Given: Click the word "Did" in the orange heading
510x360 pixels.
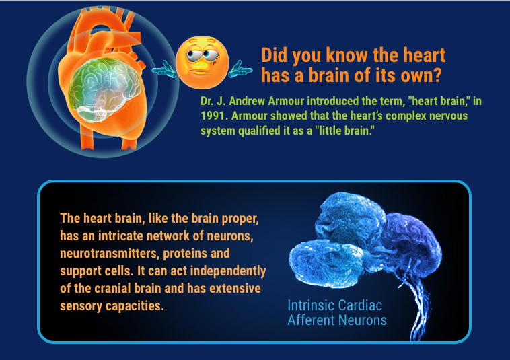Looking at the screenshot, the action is coord(275,55).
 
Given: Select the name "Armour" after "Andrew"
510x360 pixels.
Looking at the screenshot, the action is coord(286,101).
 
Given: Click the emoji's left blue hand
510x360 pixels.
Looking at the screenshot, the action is coord(164,69).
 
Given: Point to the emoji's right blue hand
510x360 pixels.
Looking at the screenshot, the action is coord(240,69).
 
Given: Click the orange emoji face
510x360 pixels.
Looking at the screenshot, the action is coord(202,62).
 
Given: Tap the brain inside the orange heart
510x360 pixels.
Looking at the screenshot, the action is coord(105,89).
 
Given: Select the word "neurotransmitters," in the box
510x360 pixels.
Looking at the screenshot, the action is coord(110,253).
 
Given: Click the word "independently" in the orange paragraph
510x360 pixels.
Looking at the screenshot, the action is coord(227,271).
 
